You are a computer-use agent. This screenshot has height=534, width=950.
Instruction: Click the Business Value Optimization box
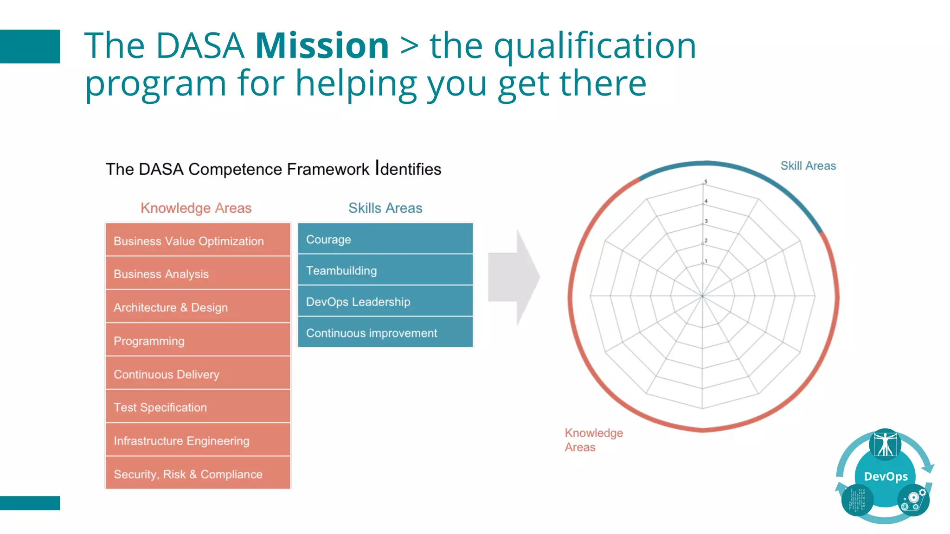(x=198, y=240)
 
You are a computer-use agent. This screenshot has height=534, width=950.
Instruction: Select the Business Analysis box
(x=198, y=273)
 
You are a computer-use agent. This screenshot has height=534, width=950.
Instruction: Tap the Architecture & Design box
(x=198, y=307)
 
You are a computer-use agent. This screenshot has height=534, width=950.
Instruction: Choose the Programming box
(x=198, y=340)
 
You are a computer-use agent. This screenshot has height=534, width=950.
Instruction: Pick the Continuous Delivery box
(x=198, y=374)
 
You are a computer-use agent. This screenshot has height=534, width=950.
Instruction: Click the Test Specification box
(x=198, y=407)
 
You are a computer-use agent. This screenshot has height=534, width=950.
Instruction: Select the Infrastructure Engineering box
(x=198, y=440)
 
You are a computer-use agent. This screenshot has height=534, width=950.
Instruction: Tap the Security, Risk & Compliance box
(x=198, y=474)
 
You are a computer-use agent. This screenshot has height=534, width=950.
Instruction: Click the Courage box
(x=385, y=239)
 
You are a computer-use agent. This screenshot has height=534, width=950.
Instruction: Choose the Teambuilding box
(x=385, y=270)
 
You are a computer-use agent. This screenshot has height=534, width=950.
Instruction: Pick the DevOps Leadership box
(x=385, y=301)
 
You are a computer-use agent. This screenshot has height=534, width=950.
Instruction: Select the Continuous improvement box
(x=385, y=332)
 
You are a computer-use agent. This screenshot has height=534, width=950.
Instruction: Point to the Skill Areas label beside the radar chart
(x=808, y=166)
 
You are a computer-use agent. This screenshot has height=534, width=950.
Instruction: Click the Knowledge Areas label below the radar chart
(x=593, y=440)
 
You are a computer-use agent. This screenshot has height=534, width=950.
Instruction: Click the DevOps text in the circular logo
(x=886, y=477)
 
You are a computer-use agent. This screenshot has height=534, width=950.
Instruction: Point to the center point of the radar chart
(x=703, y=296)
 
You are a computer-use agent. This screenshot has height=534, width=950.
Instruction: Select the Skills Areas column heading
(x=385, y=208)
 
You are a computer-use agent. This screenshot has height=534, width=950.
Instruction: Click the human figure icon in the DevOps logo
(x=885, y=445)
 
